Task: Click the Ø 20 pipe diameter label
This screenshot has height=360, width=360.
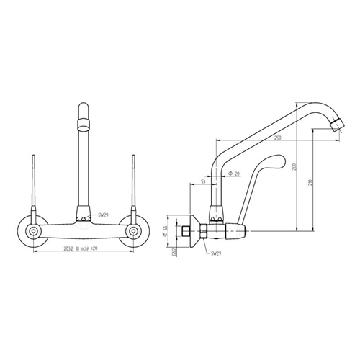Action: pos(234,174)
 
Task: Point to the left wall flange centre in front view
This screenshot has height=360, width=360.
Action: pos(34,230)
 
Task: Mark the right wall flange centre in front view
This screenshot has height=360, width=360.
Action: pos(133,230)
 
